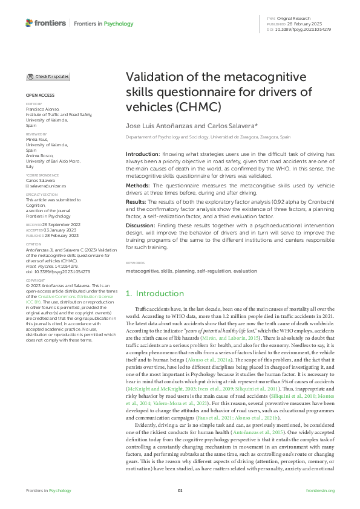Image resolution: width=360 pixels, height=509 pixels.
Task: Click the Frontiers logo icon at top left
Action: point(30,23)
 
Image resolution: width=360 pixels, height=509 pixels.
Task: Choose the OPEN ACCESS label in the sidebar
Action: point(39,96)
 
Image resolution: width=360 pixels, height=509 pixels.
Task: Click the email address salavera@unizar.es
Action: point(48,186)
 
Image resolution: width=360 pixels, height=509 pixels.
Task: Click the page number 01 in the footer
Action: point(180,490)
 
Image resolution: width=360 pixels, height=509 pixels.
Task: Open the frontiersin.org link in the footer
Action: point(321,490)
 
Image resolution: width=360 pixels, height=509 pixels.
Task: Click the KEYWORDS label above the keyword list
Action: point(135,263)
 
